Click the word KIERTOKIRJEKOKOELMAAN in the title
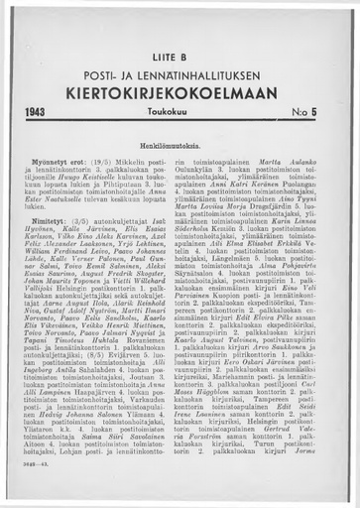tap(180, 101)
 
